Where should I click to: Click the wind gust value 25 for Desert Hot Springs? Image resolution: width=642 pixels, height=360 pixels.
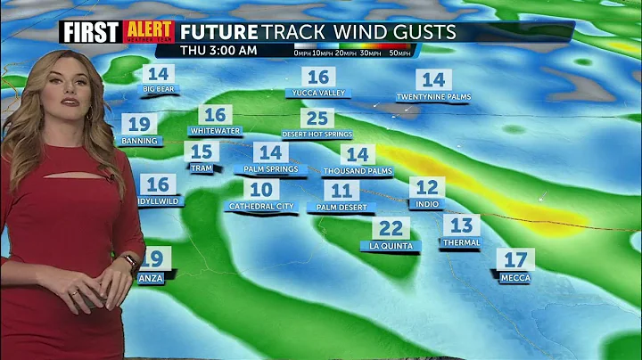pos(317,119)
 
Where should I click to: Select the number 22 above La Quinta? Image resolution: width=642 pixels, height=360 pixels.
pos(391,229)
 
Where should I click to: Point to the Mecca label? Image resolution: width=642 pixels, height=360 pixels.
pos(514,277)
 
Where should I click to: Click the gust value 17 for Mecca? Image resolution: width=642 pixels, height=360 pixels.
pos(515,260)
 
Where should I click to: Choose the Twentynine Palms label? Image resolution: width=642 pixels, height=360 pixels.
pos(433,96)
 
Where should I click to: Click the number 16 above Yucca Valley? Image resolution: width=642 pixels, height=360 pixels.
pos(317,78)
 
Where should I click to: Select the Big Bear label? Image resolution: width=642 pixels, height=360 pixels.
pos(160,89)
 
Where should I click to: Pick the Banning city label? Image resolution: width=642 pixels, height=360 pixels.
pos(139,141)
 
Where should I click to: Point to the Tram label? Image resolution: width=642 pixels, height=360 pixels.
pos(202,168)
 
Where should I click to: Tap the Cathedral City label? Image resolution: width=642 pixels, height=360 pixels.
pos(260,206)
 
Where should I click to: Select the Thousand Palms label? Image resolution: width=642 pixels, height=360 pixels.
pos(358,170)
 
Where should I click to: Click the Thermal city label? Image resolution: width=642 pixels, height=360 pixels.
pos(461,242)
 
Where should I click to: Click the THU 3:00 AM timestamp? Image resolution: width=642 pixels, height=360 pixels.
pos(219,51)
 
